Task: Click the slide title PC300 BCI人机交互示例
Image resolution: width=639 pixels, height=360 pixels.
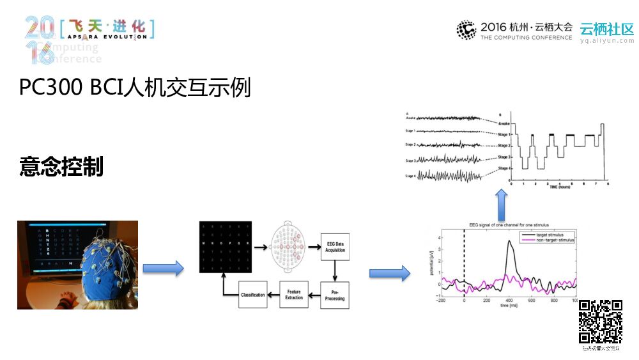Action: click(x=135, y=87)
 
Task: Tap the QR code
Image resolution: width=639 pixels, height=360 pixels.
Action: click(x=600, y=322)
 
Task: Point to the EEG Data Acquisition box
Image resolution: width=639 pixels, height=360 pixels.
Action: click(x=335, y=247)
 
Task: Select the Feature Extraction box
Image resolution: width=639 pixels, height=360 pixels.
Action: click(x=294, y=295)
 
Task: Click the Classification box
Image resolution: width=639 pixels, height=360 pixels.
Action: click(x=252, y=295)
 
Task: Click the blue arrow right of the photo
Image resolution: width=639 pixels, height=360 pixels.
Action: click(x=163, y=269)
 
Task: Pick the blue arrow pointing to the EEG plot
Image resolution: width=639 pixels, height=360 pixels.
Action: click(x=390, y=274)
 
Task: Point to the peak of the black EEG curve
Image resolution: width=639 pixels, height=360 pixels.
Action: click(x=510, y=241)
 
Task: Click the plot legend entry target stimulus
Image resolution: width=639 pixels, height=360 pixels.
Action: click(x=553, y=235)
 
